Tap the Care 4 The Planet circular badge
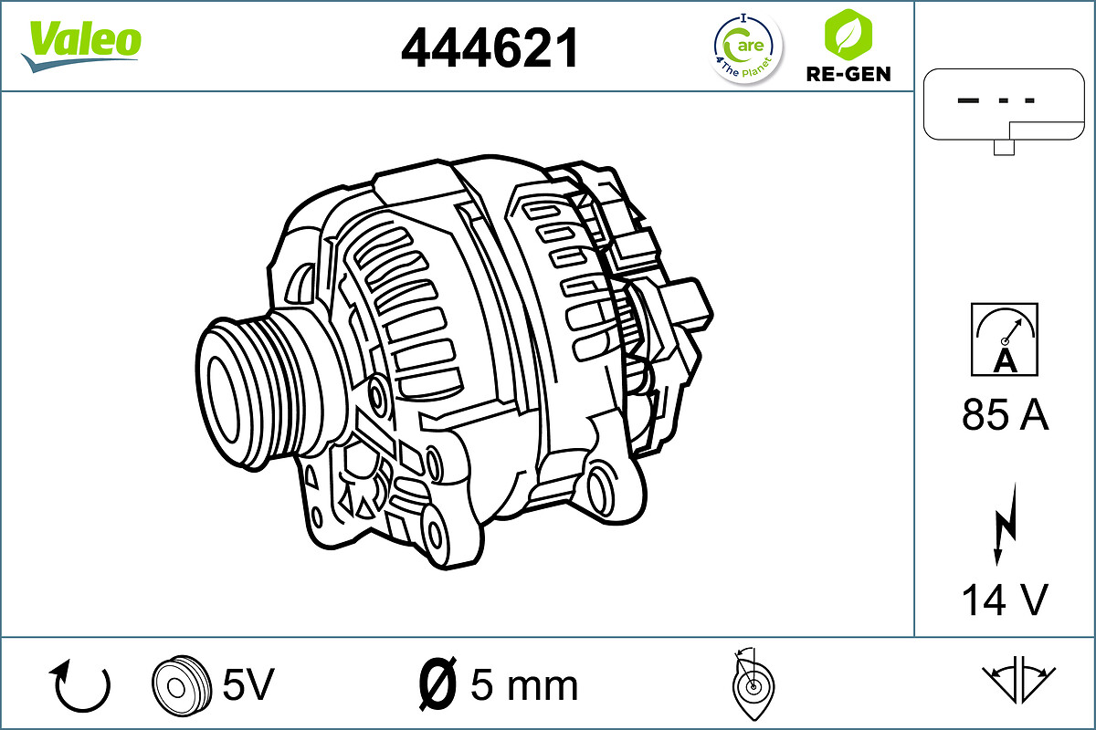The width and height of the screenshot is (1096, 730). tap(747, 48)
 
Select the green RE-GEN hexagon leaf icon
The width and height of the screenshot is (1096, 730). tap(848, 34)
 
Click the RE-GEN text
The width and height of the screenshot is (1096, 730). tap(848, 74)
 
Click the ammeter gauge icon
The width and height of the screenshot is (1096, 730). tap(1005, 339)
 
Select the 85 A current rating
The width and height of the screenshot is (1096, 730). tap(1005, 416)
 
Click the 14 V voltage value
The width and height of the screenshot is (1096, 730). tap(1004, 600)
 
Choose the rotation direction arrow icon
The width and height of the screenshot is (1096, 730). tap(82, 686)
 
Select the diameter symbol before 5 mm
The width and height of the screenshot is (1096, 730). tap(437, 683)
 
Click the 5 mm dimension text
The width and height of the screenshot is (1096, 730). tap(523, 684)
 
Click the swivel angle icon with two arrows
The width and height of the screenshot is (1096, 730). tap(1018, 679)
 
